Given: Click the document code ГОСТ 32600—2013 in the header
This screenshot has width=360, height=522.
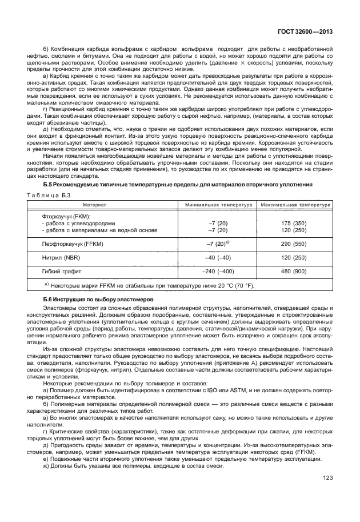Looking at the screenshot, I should tap(302, 33).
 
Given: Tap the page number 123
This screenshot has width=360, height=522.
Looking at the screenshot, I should tap(327, 494).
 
